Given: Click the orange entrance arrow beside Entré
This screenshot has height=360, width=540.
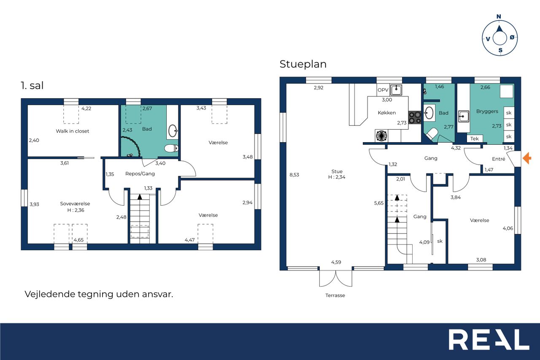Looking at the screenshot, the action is [527, 158].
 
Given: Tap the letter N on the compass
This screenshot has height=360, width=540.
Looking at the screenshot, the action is [499, 16].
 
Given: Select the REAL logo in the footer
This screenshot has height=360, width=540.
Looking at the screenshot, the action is [489, 340].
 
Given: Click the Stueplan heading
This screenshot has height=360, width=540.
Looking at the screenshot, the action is [303, 64].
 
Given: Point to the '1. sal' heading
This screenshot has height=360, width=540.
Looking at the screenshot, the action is [32, 86].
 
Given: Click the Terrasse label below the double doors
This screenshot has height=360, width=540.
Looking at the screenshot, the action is [335, 295].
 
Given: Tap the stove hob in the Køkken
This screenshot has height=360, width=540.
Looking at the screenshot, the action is [415, 118].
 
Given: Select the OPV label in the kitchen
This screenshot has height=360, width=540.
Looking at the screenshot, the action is [383, 90].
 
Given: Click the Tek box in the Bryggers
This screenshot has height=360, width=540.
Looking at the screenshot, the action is [475, 139].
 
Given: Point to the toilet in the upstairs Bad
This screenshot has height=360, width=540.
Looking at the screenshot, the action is [172, 148].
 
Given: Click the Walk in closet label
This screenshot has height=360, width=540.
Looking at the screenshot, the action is [72, 131].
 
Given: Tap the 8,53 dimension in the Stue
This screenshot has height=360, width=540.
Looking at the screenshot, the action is [294, 175].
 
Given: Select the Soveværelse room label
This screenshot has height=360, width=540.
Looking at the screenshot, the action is [75, 203].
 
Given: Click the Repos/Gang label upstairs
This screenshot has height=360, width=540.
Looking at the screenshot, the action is [140, 173].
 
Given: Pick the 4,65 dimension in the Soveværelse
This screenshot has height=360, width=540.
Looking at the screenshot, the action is [78, 240].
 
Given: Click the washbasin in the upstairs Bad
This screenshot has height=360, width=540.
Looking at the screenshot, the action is [173, 131].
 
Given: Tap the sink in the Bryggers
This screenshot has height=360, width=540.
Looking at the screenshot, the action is [463, 116].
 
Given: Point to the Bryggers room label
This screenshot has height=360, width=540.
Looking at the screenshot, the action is [487, 111].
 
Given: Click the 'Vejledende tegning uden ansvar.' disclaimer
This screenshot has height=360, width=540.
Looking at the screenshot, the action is [99, 294].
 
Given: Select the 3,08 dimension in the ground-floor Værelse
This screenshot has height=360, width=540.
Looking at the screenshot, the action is [481, 260].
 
